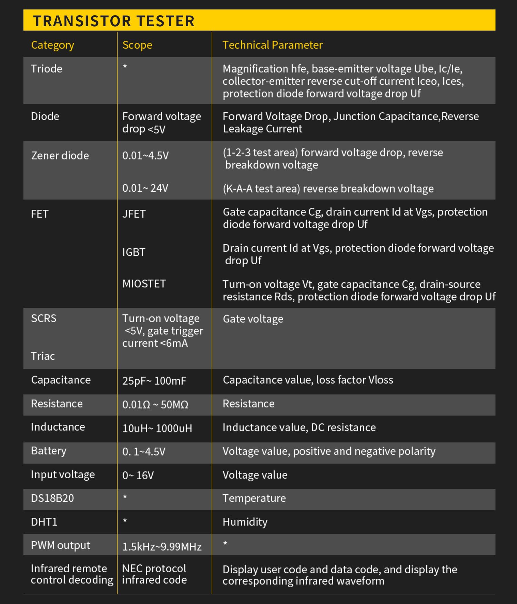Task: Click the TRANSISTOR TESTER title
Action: pos(114,21)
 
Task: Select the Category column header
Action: pos(52,45)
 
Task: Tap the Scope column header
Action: pos(137,45)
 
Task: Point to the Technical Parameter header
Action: pos(272,45)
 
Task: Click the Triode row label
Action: pos(47,69)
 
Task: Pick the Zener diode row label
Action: pos(60,156)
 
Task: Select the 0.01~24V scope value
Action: pos(145,188)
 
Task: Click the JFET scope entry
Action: pos(134,214)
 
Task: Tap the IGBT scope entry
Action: pos(133,252)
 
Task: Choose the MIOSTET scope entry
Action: pos(144,284)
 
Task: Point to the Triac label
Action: pos(43,356)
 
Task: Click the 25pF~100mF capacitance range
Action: pos(154,381)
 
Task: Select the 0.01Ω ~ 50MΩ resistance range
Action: pos(155,405)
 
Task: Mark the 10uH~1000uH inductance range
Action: pos(157,429)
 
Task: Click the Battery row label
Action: pos(48,451)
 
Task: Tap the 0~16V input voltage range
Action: pos(138,475)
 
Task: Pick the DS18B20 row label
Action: pos(52,498)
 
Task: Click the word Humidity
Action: pos(245,522)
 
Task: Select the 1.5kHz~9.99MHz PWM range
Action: pos(162,547)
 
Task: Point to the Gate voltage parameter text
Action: pos(253,319)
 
